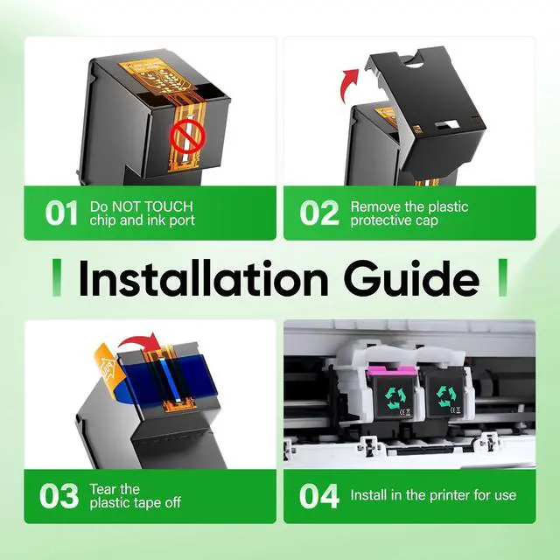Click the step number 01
[x=61, y=213]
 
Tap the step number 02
[x=318, y=213]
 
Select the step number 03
[x=59, y=496]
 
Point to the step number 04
[x=318, y=496]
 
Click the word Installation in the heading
[x=203, y=278]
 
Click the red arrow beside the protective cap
[x=349, y=85]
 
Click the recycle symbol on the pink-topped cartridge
[x=395, y=397]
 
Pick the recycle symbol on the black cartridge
[x=446, y=395]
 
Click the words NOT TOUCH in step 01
[x=152, y=206]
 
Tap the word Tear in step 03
[x=102, y=489]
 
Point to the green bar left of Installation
[x=56, y=277]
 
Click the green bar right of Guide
[x=503, y=277]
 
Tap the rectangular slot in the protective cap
[x=447, y=124]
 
